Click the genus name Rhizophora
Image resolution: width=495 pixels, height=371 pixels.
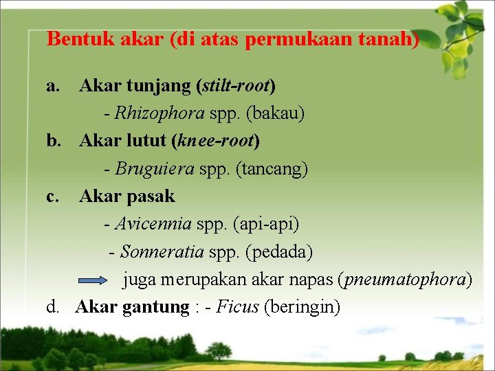tap(159, 113)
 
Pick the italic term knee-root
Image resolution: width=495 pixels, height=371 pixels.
tap(216, 142)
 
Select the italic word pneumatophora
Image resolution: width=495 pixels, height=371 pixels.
tap(406, 280)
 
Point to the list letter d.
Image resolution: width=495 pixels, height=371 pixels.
tap(52, 307)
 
